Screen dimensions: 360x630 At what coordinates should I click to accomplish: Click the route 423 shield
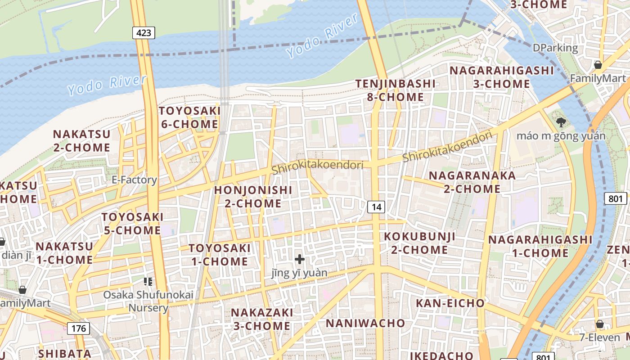coord(144,32)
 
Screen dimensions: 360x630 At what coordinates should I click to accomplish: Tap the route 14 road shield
coord(376,207)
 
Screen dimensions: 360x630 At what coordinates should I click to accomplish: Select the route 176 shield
coord(78,328)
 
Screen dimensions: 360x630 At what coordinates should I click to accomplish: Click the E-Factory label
coord(134,180)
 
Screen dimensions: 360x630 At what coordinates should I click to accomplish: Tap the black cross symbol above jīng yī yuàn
coord(299,259)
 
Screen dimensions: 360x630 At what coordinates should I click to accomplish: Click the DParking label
coord(555,48)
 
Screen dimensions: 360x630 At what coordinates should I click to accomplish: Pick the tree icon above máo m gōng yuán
coord(561,122)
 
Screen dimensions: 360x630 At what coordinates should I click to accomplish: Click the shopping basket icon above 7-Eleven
coord(599,324)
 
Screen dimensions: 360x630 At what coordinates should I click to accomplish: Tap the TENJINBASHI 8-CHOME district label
coord(396,90)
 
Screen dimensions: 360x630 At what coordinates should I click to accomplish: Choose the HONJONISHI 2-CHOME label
coord(253,197)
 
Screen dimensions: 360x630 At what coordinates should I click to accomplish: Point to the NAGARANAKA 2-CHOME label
coord(472,182)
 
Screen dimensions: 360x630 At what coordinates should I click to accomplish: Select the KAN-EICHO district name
coord(450,303)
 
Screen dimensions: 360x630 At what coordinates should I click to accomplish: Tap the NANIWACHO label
coord(365,323)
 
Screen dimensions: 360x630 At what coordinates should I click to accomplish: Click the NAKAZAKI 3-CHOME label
coord(261,319)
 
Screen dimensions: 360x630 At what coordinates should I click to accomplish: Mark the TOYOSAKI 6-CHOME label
coord(189,117)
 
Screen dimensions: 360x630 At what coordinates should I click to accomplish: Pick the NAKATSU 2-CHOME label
coord(81,141)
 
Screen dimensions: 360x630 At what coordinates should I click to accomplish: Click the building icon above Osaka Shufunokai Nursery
coord(148,282)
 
